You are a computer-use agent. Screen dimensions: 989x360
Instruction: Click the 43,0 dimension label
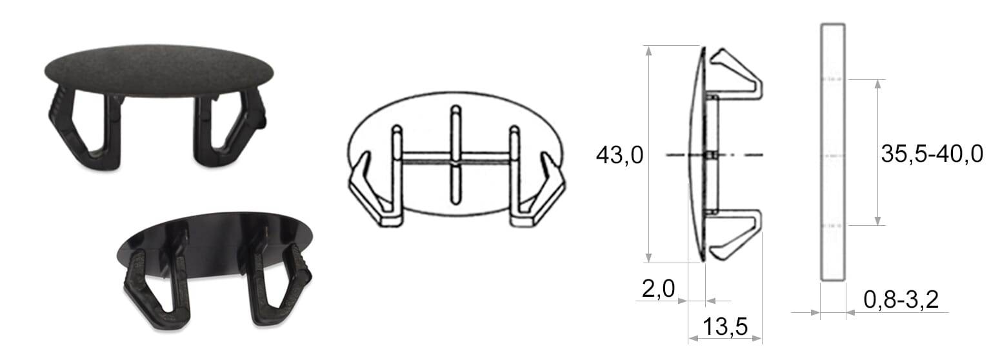(619, 155)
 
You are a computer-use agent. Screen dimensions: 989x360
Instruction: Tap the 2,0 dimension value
(658, 289)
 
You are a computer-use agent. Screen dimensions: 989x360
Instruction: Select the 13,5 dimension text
(725, 326)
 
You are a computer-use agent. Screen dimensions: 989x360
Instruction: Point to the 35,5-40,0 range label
(932, 154)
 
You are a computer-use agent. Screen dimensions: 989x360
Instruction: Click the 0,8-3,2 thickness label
(901, 299)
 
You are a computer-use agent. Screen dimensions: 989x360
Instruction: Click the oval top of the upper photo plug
(159, 70)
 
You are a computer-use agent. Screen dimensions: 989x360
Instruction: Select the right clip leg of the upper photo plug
(230, 128)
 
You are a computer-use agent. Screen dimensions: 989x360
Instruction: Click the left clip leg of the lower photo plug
(157, 287)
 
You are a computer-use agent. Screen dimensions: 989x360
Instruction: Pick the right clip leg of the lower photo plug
(278, 287)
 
